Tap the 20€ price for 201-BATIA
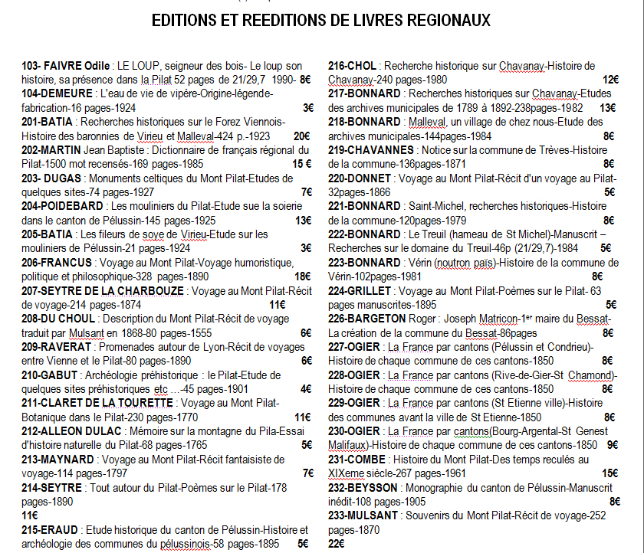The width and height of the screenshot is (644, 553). tap(302, 136)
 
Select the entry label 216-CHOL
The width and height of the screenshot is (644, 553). tap(352, 66)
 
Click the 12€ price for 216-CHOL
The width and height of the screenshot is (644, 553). tap(609, 80)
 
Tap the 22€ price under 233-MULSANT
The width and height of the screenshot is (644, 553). tap(337, 543)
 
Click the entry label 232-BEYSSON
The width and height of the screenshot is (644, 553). tap(363, 487)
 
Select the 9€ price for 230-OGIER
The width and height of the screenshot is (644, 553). tap(612, 445)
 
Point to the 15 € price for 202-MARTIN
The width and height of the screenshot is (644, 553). tap(301, 164)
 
